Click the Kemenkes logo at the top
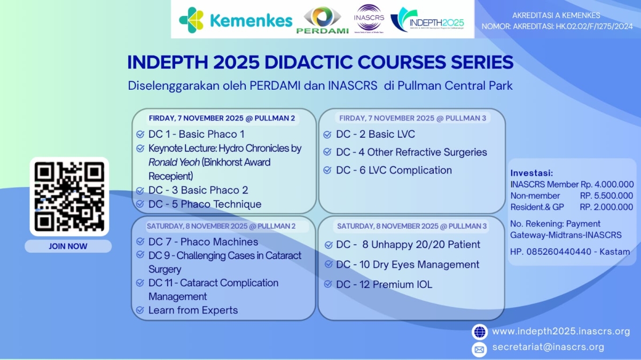pos(236,20)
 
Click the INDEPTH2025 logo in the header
pos(427,20)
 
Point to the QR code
pos(69,197)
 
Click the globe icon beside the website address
pos(480,332)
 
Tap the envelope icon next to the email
pos(480,349)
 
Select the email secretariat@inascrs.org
pos(548,347)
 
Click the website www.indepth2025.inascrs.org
pos(561,332)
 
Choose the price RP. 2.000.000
pos(607,207)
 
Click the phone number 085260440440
pos(554,252)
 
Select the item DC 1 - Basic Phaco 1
pos(196,134)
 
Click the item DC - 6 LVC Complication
pos(394,170)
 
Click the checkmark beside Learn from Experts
pos(140,310)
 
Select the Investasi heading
pos(531,173)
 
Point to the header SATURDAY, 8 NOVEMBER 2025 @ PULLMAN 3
pos(411,226)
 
